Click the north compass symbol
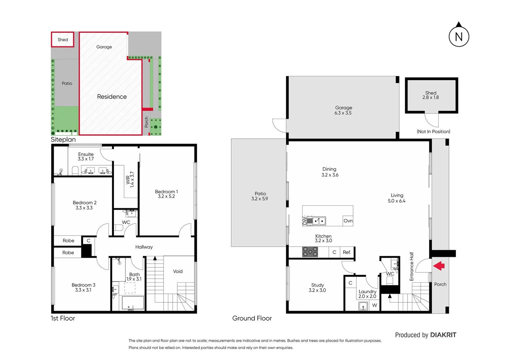(459, 36)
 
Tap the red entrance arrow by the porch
(439, 266)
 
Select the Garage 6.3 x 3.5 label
(343, 110)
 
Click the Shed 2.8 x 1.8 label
(431, 95)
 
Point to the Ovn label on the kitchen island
(348, 221)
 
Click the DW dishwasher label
(304, 220)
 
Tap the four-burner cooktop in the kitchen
(310, 252)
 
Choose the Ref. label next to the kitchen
(347, 252)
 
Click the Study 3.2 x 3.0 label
(317, 288)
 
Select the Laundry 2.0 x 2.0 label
(367, 294)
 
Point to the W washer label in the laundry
(374, 305)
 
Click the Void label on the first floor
(178, 271)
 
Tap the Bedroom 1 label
(166, 194)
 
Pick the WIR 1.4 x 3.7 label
(130, 180)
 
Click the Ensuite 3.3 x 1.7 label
(86, 157)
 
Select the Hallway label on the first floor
(144, 247)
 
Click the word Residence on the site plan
(112, 97)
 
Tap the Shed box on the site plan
(63, 40)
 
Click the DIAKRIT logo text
(443, 335)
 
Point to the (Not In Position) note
(433, 132)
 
